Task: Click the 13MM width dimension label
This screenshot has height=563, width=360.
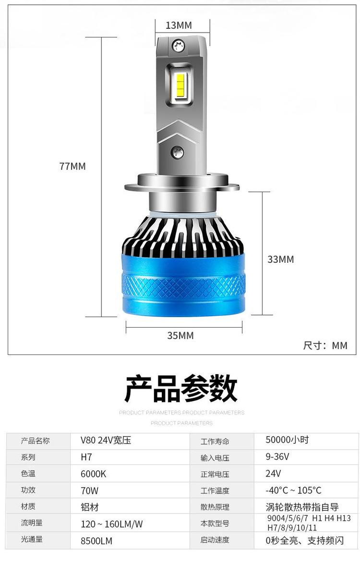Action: [179, 25]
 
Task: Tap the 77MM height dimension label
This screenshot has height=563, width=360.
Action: [72, 167]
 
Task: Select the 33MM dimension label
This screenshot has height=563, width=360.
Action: [281, 259]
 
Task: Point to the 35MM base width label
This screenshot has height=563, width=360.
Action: [180, 335]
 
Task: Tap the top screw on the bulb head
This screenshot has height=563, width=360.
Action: [178, 46]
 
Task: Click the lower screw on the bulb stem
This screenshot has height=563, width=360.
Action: [177, 152]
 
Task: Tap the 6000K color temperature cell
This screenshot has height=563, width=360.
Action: [93, 474]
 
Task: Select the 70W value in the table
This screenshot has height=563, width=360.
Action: [89, 490]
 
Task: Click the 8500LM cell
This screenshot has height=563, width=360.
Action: [96, 541]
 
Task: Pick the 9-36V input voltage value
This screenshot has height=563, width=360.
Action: [277, 457]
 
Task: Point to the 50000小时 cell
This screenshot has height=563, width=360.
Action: [287, 440]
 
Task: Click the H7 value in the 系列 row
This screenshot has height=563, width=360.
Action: [86, 457]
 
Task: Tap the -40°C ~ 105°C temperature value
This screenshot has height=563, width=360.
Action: [294, 490]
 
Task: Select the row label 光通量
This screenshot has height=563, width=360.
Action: [32, 539]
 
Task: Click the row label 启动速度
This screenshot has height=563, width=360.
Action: [215, 540]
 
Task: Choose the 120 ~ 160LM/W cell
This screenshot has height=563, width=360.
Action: [112, 524]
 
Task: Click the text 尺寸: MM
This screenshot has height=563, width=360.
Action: [325, 345]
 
